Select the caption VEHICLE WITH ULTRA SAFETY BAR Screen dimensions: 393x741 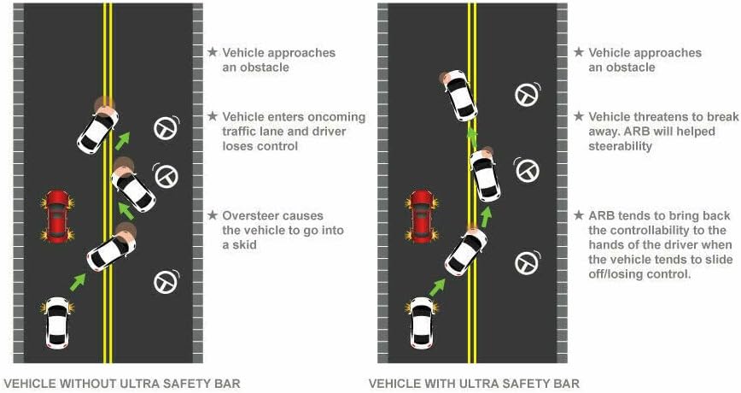tap(474, 383)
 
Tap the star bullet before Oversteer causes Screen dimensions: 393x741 tap(213, 216)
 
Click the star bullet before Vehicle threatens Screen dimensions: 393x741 tap(580, 117)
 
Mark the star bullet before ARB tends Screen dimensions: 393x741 tap(580, 215)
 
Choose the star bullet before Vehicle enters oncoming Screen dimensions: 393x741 tap(213, 117)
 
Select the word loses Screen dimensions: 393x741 tap(238, 146)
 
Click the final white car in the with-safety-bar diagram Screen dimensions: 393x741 tap(459, 95)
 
